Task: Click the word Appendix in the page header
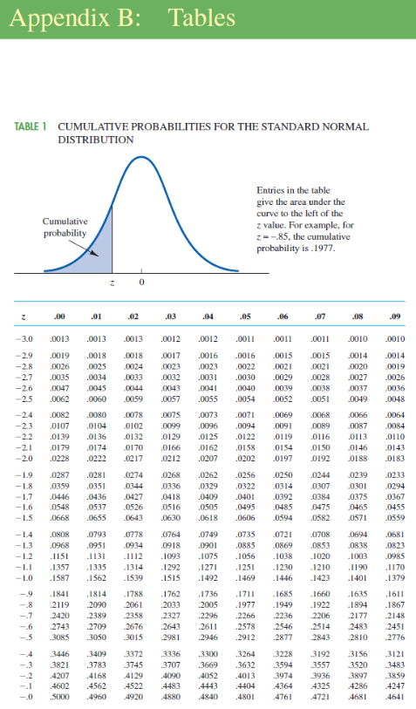pyautogui.click(x=53, y=17)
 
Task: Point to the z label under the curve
pyautogui.click(x=112, y=284)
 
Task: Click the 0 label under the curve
pyautogui.click(x=141, y=284)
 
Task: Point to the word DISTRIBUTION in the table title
pyautogui.click(x=95, y=140)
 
